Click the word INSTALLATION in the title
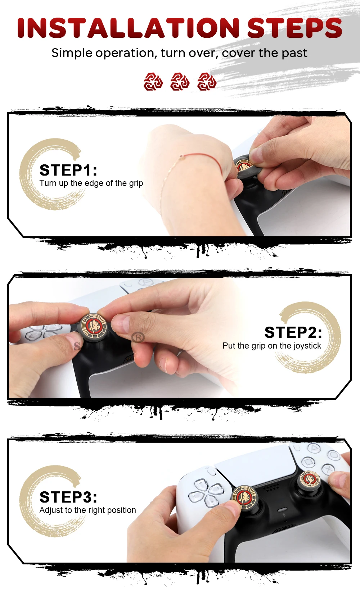coord(128,28)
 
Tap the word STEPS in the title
coord(294,28)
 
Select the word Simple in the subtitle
coord(72,53)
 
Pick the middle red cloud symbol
coord(180,81)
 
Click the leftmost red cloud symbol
coord(153,81)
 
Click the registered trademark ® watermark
coord(138,337)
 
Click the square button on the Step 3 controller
coord(308,461)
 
